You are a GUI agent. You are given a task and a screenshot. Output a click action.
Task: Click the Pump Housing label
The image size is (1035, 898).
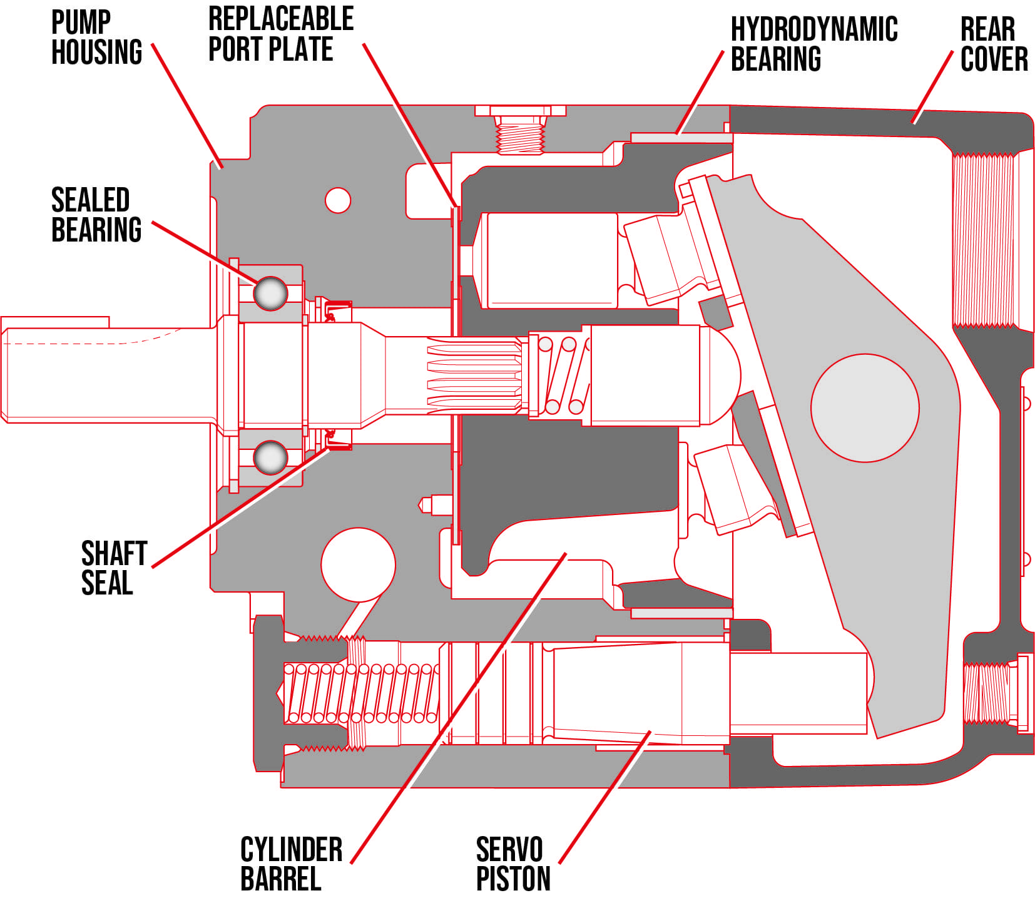coord(96,38)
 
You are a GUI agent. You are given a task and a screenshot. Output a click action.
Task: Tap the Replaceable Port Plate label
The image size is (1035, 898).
coord(280,34)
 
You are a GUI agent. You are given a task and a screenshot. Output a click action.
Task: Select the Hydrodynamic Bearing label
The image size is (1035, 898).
coord(813,44)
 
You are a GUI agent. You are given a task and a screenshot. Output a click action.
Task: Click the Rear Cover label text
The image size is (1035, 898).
coord(994,44)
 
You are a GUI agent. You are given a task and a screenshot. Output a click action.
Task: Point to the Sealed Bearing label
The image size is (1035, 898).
coord(96,215)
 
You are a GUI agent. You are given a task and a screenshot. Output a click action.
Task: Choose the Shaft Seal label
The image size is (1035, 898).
coord(114,568)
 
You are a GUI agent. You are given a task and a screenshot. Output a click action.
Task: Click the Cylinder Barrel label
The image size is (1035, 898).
coord(291,864)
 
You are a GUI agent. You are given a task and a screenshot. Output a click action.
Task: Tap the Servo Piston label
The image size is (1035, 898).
coord(513,864)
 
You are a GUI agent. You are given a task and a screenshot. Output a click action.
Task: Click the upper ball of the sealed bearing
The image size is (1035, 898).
coord(270,293)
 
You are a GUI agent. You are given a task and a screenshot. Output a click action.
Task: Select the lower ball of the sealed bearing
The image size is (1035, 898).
coord(270,457)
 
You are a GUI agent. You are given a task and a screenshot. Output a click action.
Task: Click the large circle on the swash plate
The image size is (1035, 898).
coord(865,408)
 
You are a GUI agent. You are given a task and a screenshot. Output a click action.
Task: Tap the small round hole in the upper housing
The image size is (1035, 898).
coord(338,200)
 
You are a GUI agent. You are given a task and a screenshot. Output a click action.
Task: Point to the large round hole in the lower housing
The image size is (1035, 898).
coord(358,564)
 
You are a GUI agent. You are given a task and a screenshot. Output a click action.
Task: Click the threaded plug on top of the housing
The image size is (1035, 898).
coord(519,133)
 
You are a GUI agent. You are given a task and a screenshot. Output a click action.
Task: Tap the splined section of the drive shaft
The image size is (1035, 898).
coord(474,375)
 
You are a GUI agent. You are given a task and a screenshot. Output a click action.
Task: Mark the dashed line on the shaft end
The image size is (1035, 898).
coord(94,343)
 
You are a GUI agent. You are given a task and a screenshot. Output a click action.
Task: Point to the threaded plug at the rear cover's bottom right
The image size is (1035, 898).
coord(995,693)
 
